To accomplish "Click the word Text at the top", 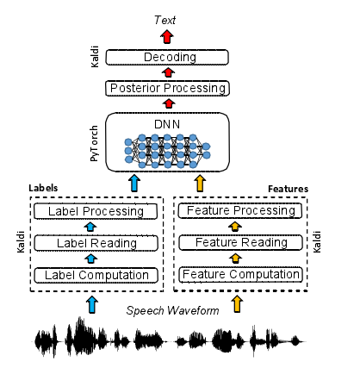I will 167,18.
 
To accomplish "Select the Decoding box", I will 167,58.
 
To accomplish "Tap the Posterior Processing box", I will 167,87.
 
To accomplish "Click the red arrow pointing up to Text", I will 167,37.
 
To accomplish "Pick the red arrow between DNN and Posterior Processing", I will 167,103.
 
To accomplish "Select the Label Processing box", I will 96,211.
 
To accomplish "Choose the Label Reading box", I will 96,243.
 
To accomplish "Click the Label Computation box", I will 96,275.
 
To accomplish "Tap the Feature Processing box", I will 240,211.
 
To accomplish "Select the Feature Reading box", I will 240,243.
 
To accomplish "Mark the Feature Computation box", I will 240,275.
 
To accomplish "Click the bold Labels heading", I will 45,187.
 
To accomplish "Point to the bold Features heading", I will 288,187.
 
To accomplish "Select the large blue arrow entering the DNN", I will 133,183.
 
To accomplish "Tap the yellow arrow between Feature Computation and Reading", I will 240,259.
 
